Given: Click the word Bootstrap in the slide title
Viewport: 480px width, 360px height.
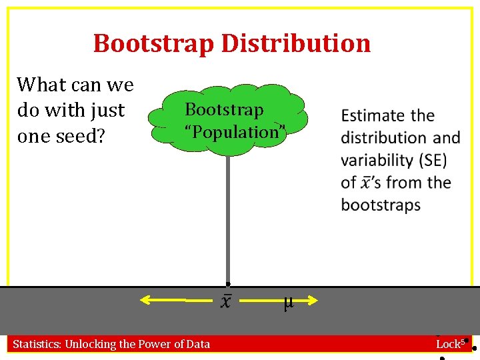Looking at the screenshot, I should [154, 43].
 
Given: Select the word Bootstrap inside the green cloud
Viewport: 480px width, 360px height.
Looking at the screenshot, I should [224, 109].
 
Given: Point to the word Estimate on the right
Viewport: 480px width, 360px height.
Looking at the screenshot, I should [369, 116].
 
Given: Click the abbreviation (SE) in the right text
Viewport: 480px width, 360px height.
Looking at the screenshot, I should [429, 160].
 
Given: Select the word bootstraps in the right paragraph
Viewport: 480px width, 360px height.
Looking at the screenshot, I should [381, 205].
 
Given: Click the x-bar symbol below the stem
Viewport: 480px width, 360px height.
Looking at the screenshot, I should [226, 301].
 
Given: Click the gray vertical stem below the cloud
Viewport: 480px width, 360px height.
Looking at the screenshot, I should [227, 220].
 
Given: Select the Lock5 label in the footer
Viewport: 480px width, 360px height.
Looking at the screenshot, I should [449, 344].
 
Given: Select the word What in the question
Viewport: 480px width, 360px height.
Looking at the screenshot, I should [37, 85].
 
